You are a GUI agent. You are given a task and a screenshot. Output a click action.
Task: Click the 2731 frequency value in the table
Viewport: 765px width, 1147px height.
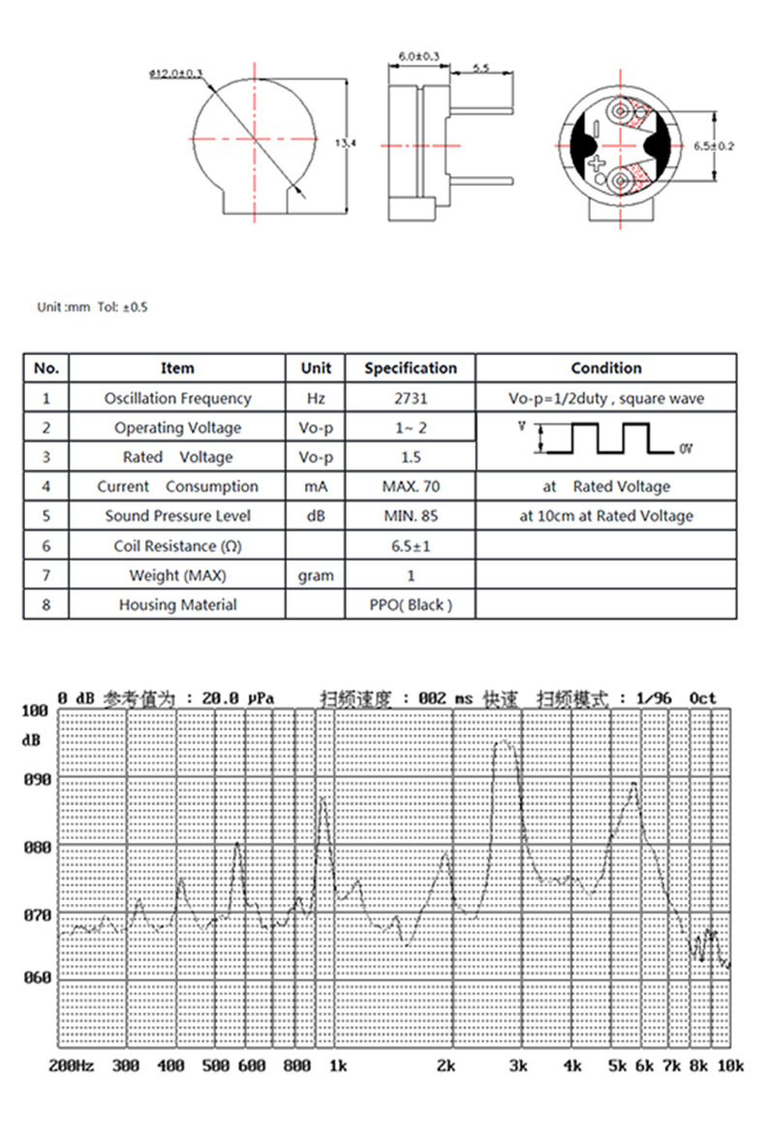[x=411, y=398]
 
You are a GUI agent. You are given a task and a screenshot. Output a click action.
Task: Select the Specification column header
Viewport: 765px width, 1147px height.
[x=411, y=368]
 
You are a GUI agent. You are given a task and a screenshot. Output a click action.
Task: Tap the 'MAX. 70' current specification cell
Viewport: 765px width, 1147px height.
[x=411, y=486]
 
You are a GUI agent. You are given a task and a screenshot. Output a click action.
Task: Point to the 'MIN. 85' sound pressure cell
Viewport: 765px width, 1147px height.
[x=411, y=516]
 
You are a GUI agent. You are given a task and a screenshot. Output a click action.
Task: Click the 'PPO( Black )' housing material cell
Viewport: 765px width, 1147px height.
[x=411, y=605]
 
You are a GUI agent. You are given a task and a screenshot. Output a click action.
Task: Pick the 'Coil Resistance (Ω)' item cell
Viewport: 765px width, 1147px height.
[x=177, y=546]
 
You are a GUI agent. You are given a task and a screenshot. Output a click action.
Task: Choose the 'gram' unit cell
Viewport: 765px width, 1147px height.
[x=316, y=576]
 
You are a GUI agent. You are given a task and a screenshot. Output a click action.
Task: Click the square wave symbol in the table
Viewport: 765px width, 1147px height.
[x=605, y=438]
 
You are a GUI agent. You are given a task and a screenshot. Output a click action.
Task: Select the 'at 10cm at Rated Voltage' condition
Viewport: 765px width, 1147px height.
[x=606, y=516]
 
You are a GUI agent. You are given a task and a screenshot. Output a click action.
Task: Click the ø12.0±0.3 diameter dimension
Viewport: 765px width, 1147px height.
[x=176, y=73]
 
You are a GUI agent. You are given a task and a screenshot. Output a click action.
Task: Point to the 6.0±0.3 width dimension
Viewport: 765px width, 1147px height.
[x=418, y=57]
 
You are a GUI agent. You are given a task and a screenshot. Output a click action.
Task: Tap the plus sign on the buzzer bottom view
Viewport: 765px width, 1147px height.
[x=597, y=166]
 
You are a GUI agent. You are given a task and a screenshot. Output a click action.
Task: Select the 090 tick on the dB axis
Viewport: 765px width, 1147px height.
[x=34, y=778]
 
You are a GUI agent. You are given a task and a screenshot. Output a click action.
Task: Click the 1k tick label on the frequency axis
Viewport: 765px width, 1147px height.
[x=338, y=1066]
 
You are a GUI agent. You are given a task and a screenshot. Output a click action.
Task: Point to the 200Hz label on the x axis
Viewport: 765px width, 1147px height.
[x=72, y=1066]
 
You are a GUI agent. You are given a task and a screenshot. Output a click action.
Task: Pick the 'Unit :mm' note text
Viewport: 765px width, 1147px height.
[x=64, y=307]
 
